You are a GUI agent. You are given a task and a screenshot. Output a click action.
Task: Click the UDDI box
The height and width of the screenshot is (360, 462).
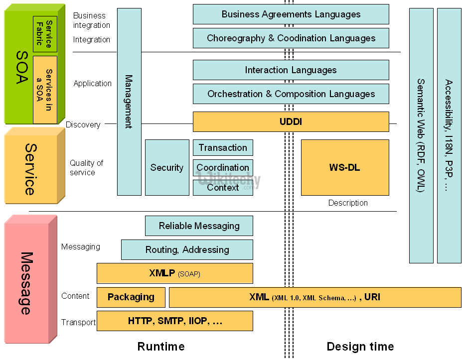291,121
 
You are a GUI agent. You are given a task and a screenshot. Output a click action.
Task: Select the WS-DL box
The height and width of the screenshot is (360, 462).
345,167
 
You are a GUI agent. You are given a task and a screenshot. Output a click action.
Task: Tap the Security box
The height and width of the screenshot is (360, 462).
167,167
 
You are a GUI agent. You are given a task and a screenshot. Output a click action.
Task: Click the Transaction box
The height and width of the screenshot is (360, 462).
223,147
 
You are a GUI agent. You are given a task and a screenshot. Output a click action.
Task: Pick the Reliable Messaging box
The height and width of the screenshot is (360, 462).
199,226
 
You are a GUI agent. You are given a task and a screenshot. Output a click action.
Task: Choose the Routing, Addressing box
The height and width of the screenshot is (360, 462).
187,249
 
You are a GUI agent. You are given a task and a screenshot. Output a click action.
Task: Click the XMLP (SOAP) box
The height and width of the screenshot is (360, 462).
174,273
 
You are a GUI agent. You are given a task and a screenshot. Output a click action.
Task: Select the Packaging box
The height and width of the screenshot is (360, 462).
131,297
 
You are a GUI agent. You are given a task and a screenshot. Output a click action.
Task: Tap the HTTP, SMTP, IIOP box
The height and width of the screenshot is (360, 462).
174,321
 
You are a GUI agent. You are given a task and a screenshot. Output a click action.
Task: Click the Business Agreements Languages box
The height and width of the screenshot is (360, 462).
291,14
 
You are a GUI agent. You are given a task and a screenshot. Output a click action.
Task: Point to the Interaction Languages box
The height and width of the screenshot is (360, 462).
291,70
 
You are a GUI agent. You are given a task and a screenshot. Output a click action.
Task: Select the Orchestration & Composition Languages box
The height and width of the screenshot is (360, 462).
291,94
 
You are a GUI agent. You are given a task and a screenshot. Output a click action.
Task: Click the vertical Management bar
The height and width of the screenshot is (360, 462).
129,102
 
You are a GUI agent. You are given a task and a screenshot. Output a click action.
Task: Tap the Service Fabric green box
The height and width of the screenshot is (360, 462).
45,34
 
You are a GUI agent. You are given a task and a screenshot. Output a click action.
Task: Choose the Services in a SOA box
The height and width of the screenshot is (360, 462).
45,90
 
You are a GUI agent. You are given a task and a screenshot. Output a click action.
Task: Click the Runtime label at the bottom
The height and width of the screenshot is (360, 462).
161,347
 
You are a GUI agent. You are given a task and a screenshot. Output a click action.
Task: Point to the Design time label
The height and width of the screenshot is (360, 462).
360,347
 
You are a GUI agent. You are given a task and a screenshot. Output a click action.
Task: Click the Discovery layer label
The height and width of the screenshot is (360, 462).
83,125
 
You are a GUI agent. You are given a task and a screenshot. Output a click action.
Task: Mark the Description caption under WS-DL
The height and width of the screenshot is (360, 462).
348,203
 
